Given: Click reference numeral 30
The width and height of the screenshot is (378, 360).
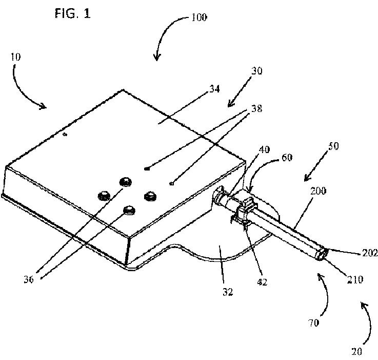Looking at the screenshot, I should click(x=256, y=71).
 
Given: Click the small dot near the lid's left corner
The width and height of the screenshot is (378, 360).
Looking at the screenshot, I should click(x=65, y=135).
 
